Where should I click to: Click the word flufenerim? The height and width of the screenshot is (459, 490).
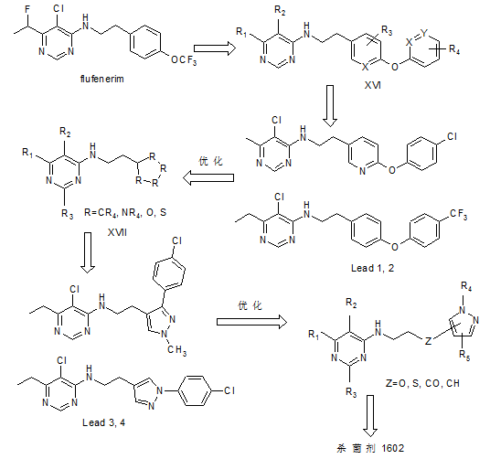(101, 79)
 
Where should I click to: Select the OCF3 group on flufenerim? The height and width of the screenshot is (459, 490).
(184, 59)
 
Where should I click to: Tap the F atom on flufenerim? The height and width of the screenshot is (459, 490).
(27, 10)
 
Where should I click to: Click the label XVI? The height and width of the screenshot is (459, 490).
(372, 85)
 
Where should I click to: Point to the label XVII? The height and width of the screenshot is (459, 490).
(117, 232)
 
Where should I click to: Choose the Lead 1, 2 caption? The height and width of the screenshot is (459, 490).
(372, 268)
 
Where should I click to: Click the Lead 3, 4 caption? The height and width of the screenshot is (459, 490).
(103, 422)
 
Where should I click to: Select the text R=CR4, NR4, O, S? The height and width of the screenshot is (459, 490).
(125, 213)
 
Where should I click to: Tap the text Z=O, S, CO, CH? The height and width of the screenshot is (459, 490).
(422, 383)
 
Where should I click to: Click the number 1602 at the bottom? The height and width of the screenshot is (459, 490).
(392, 448)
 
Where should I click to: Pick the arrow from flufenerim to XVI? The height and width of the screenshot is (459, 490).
(214, 48)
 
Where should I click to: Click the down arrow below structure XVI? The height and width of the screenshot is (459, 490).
(330, 106)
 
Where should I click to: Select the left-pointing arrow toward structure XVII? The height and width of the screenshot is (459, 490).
(208, 177)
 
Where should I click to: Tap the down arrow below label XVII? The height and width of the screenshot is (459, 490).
(88, 252)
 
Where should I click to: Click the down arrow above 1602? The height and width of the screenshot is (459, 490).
(370, 416)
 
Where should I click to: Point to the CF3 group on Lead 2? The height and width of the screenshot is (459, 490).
(458, 215)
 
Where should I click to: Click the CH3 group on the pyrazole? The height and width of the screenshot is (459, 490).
(176, 349)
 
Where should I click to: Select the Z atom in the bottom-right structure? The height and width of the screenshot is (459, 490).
(428, 340)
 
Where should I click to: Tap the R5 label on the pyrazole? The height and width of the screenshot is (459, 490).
(464, 356)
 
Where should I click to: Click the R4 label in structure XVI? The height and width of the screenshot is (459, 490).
(454, 49)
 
